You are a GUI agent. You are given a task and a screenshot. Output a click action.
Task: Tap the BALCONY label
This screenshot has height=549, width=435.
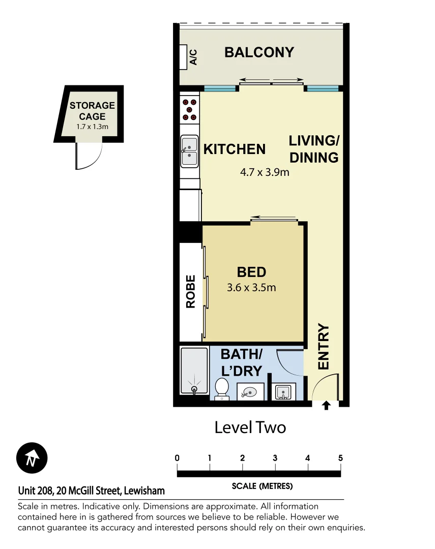(259, 52)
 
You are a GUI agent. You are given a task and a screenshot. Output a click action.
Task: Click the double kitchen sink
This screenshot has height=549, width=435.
(190, 151)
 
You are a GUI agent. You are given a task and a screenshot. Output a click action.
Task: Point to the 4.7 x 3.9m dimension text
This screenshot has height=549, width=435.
(265, 172)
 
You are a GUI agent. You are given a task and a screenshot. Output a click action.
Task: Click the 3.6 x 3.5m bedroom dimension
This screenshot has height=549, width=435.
(251, 288)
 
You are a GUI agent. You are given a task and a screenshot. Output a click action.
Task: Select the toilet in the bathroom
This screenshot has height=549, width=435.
(222, 389)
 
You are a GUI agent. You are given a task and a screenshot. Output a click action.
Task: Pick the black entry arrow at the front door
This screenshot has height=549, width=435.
(326, 405)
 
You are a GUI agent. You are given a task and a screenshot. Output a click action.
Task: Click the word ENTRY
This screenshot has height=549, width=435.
(324, 347)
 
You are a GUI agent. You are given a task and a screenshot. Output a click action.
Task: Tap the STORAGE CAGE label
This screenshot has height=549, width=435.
(92, 111)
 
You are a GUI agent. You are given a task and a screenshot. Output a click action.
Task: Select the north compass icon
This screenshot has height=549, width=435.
(32, 458)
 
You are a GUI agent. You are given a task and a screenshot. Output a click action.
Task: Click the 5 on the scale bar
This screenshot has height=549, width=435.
(340, 458)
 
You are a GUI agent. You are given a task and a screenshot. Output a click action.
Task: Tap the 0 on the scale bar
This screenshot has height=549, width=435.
(177, 458)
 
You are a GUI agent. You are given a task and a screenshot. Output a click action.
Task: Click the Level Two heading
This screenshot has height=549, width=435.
(250, 428)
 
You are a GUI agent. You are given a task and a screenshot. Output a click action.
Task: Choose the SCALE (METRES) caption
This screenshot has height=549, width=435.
(262, 486)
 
